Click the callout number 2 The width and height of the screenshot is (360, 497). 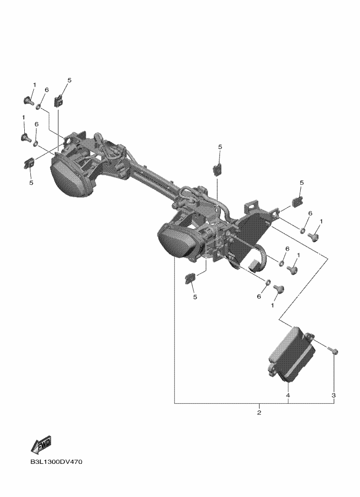coord(259,413)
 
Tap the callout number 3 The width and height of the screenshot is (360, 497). coord(333,396)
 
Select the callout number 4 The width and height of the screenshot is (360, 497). coord(288,396)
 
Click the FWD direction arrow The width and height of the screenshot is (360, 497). coord(41,444)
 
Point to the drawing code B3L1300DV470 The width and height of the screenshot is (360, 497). coord(56,462)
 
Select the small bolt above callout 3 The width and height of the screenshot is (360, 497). coord(333,351)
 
